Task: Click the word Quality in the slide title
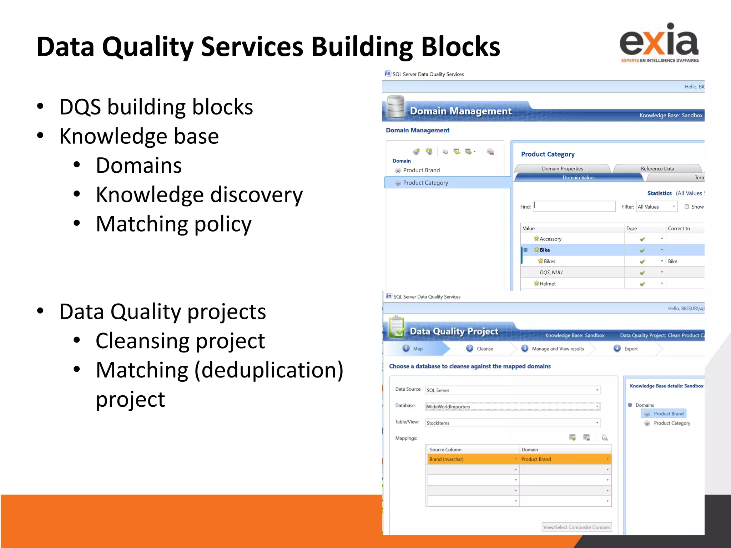[148, 47]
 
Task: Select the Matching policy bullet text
[173, 224]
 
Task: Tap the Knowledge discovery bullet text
[199, 195]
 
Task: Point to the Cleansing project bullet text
[180, 341]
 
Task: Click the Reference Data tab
[657, 168]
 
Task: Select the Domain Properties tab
[562, 168]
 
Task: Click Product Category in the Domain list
[425, 183]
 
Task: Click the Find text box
[574, 207]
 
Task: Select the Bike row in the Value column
[545, 250]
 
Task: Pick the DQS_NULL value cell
[551, 272]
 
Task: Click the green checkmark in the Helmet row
[642, 284]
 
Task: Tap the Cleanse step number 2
[470, 349]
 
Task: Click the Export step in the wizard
[630, 349]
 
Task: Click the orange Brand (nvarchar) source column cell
[471, 459]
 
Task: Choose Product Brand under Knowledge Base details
[668, 413]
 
